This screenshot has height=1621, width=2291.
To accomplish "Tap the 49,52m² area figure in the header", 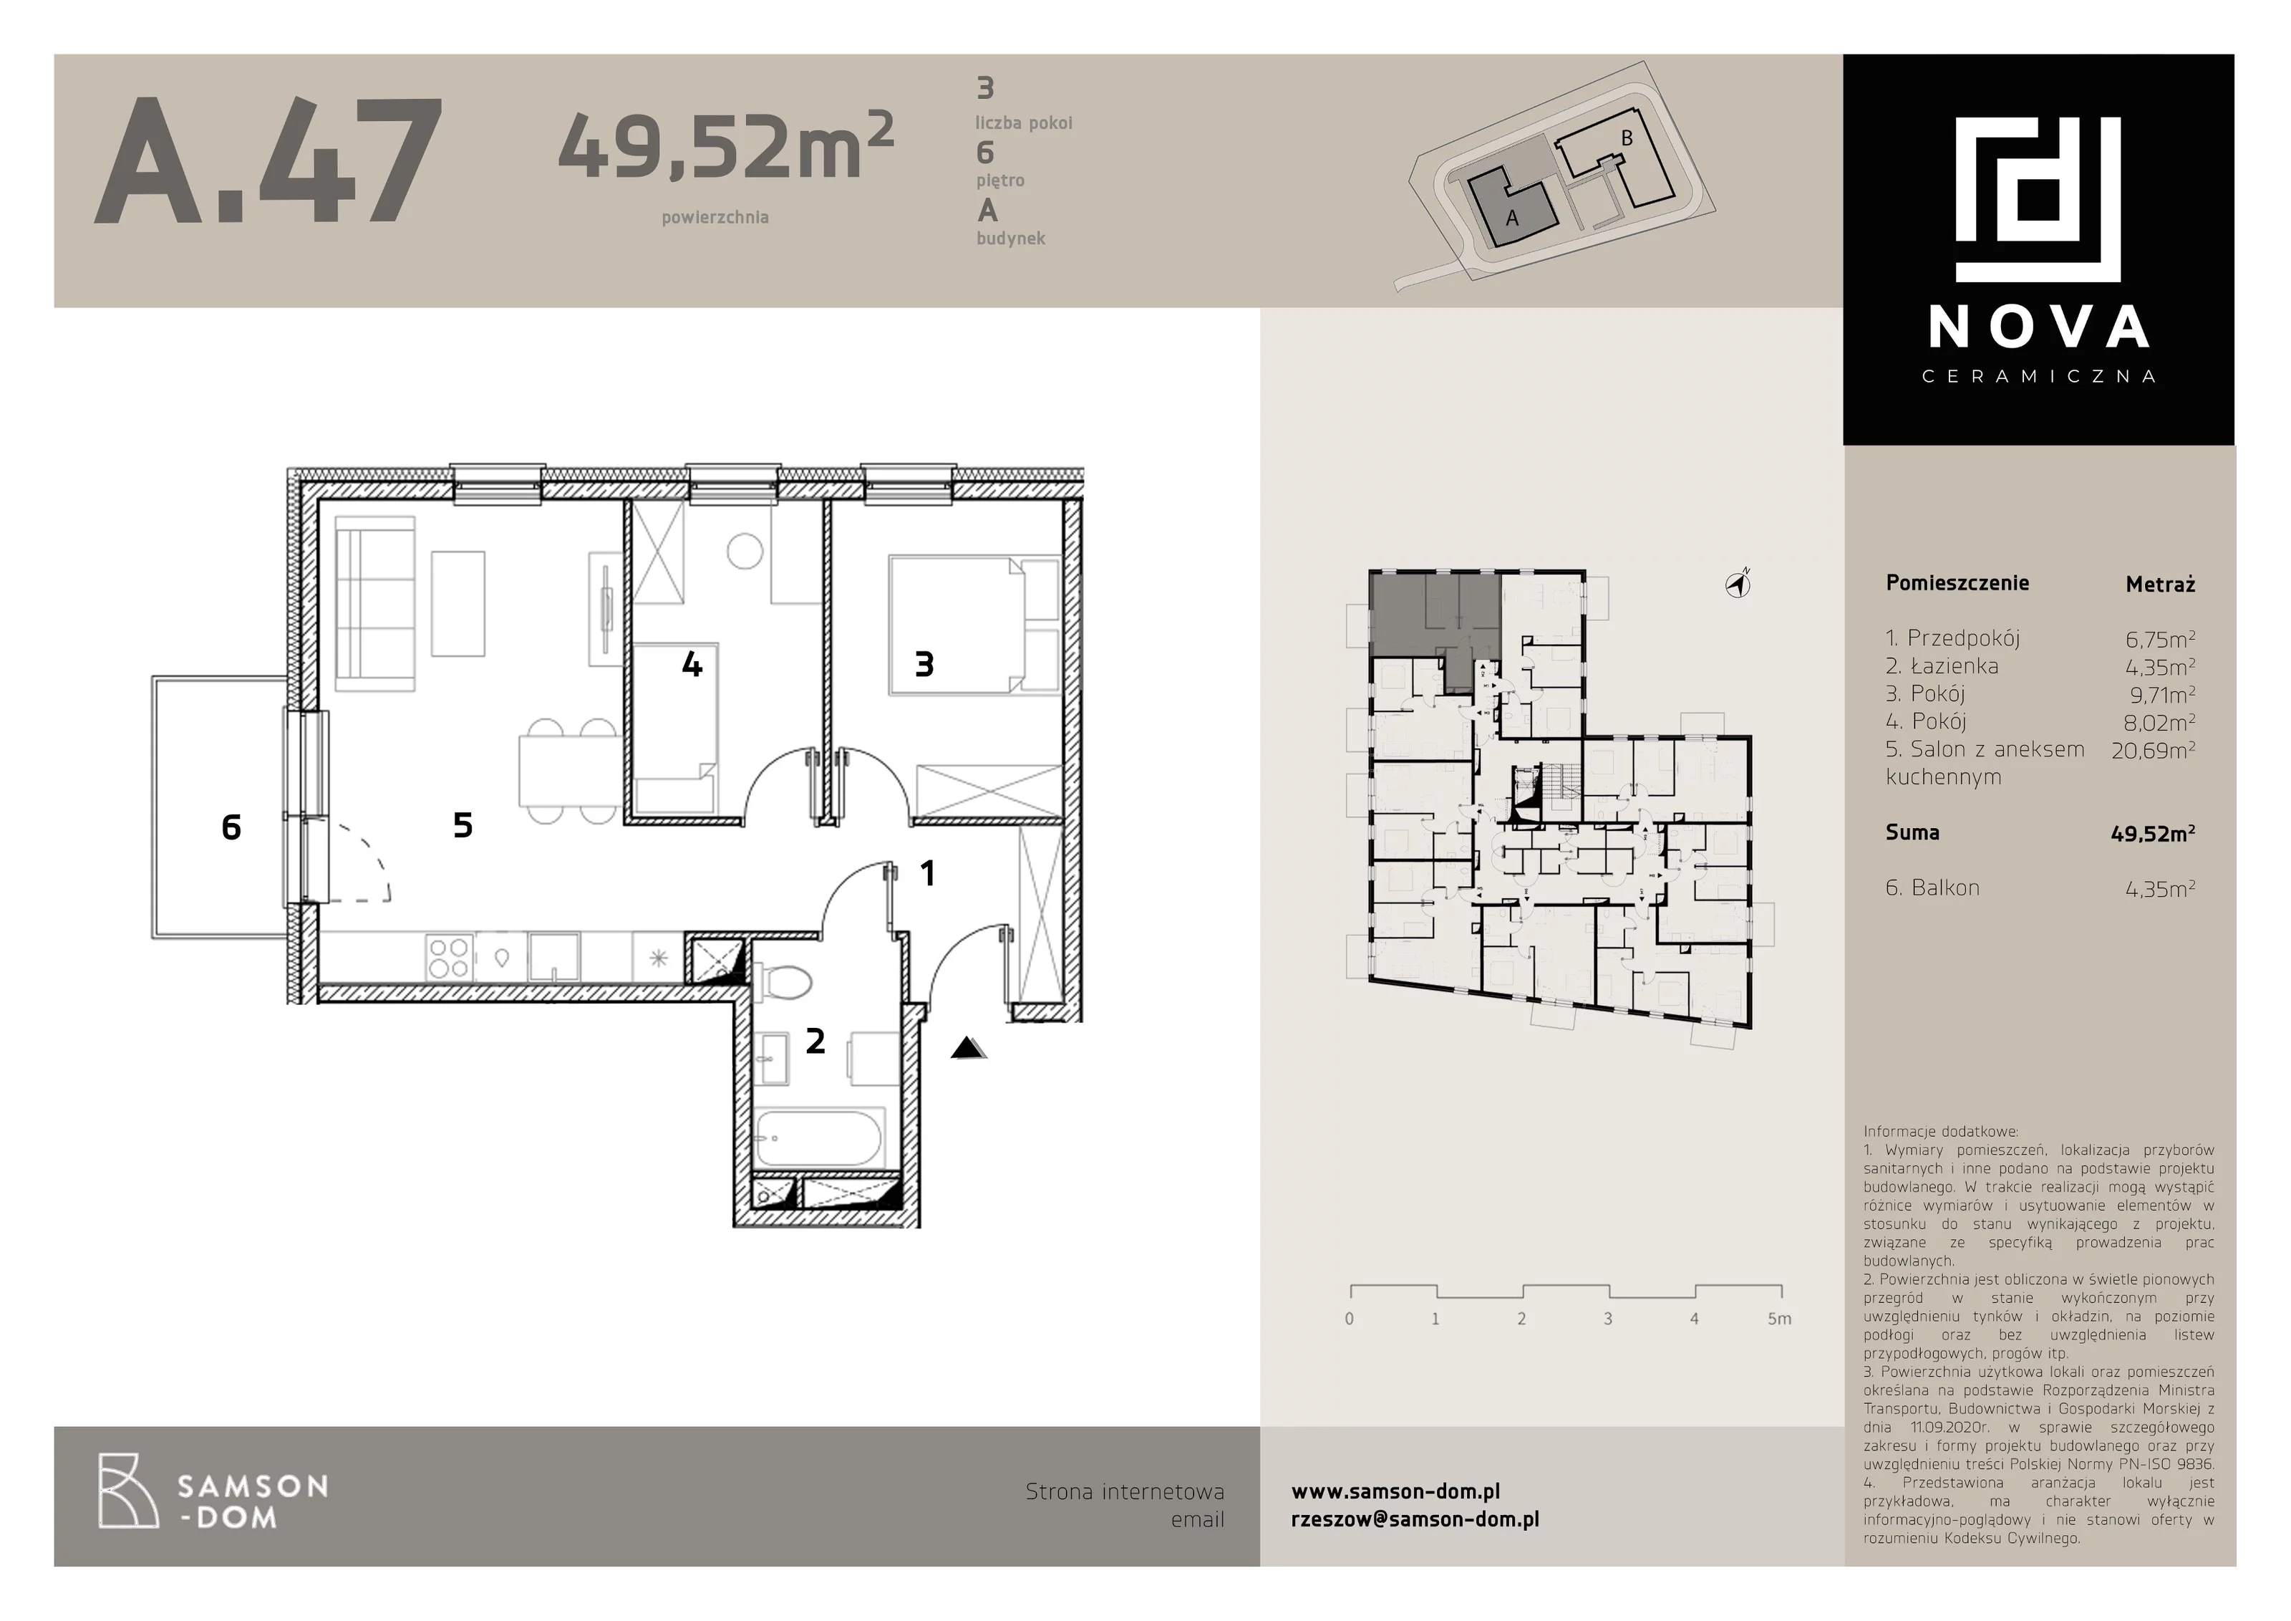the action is click(x=725, y=145).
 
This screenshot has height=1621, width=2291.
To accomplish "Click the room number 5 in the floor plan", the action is click(x=463, y=825).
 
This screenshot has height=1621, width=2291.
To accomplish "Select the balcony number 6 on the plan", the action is click(x=231, y=827).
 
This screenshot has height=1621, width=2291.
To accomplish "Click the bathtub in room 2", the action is click(x=818, y=1139).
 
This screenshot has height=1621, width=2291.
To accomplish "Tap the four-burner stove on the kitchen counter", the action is click(x=448, y=956).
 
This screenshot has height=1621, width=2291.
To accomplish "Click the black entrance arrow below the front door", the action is click(x=968, y=1047).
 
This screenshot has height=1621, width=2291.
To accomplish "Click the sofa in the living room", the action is click(x=375, y=603).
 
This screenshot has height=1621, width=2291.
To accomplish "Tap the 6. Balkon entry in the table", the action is click(x=1933, y=888).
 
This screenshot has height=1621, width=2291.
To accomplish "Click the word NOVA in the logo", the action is click(x=2038, y=327).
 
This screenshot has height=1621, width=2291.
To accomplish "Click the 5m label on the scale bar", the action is click(x=1779, y=1319).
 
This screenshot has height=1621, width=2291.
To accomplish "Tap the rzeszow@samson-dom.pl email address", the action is click(x=1415, y=1519).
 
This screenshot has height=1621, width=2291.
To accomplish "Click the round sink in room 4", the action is click(x=745, y=551).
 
